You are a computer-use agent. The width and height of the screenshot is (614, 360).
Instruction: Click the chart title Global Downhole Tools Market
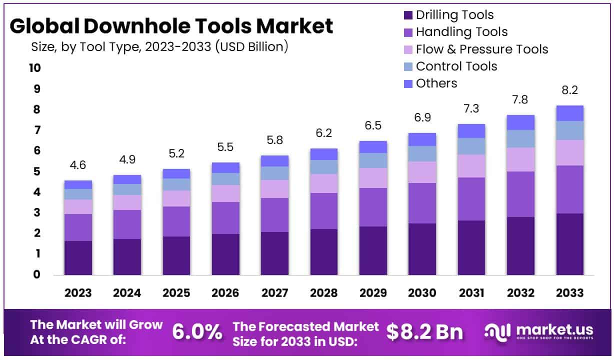click(171, 26)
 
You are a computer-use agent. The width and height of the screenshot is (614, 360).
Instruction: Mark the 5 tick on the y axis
click(36, 171)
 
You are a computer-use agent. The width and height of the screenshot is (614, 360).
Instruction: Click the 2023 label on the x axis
click(78, 293)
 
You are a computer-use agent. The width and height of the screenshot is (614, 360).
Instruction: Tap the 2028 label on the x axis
click(323, 293)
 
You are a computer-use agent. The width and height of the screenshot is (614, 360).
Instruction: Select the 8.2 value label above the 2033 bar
click(569, 90)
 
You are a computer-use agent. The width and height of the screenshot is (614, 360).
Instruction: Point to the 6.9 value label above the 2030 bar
click(422, 118)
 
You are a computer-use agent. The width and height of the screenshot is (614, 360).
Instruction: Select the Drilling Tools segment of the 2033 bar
click(569, 244)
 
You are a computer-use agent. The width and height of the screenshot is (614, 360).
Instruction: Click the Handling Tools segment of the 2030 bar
click(422, 203)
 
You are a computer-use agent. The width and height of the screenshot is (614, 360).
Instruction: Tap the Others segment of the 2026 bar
click(225, 167)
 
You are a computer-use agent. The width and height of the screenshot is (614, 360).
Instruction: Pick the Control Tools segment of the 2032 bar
click(520, 138)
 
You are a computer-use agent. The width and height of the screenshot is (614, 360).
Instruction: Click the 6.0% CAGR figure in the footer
click(196, 332)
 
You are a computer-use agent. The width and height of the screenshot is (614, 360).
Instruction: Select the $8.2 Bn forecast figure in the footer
click(424, 332)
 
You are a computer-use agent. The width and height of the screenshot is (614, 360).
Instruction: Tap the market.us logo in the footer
click(539, 331)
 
